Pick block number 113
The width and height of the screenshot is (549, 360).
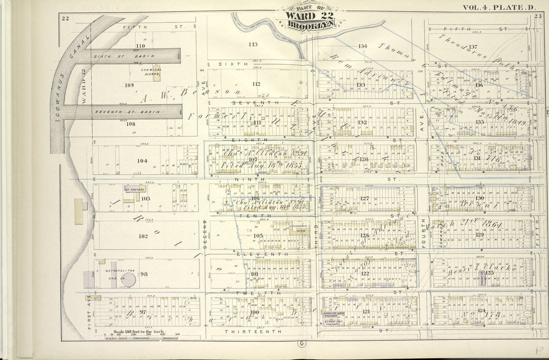tap(253, 45)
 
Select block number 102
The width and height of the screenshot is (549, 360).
tap(143, 236)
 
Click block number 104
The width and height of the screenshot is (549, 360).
tap(142, 160)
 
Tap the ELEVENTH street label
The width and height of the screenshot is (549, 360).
tap(258, 254)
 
